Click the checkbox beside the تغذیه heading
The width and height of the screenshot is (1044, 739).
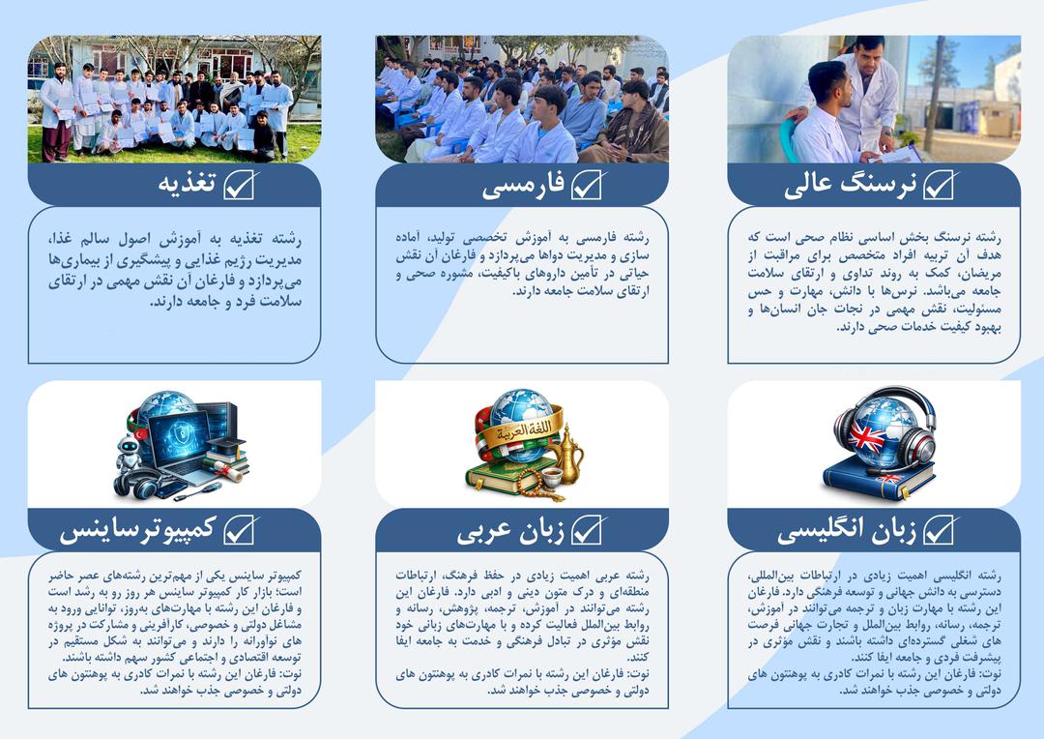pos(239,185)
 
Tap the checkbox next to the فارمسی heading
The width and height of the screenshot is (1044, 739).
pos(587,185)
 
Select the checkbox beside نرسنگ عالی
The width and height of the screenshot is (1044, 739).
pos(939,185)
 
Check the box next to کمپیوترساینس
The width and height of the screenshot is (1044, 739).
pos(239,530)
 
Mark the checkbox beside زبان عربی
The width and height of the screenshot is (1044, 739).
pos(587,530)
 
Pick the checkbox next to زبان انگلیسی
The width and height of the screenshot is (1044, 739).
pos(939,530)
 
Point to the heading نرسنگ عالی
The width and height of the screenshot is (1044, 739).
pos(850,185)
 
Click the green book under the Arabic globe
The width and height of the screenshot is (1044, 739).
pos(503,474)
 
